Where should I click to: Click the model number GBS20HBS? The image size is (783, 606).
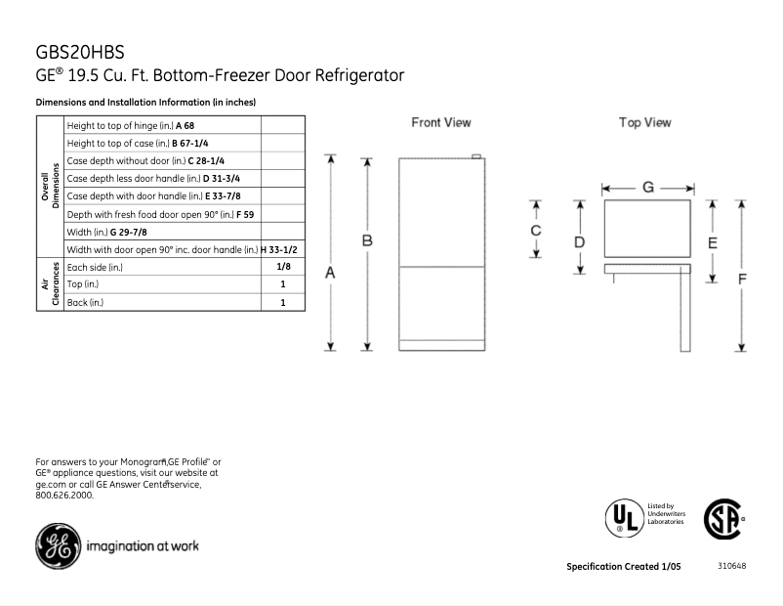(79, 51)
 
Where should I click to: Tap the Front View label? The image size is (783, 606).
(440, 123)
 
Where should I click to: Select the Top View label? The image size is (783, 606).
(644, 123)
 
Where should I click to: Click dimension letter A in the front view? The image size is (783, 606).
(330, 275)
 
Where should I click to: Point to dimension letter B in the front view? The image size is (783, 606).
(367, 239)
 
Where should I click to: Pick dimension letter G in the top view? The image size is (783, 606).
(647, 186)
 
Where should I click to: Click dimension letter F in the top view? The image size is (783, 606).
(742, 279)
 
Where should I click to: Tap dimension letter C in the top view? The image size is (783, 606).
(535, 231)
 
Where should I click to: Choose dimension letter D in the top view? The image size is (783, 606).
(579, 241)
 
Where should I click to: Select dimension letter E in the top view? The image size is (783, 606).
(712, 242)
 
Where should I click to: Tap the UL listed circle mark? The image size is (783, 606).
(622, 516)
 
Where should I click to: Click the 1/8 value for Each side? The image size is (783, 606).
(282, 267)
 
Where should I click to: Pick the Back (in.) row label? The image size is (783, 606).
(86, 302)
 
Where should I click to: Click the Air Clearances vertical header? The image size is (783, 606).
(50, 284)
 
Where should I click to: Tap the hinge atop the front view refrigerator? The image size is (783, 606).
(475, 155)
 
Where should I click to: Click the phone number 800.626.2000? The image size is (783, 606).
(64, 496)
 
